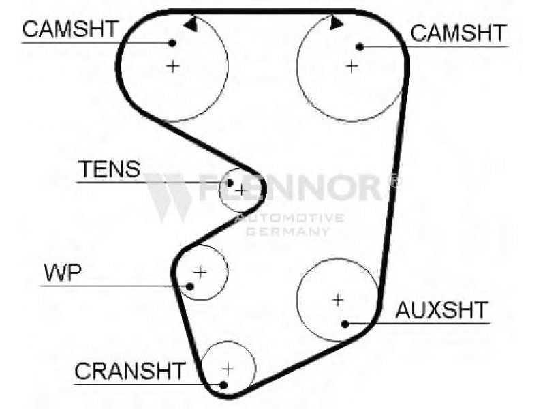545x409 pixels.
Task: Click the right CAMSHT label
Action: (x=458, y=33)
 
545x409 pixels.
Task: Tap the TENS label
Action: (x=109, y=169)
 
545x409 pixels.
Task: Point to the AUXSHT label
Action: (x=442, y=310)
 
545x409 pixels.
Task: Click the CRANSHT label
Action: (x=129, y=372)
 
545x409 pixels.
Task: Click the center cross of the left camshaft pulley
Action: (x=173, y=66)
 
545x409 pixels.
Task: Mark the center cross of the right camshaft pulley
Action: (x=352, y=66)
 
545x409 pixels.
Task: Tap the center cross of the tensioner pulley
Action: (x=240, y=190)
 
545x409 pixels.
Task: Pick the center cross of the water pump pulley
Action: (x=200, y=271)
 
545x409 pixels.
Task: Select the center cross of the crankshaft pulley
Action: (x=228, y=368)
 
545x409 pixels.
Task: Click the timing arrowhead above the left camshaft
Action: (x=190, y=23)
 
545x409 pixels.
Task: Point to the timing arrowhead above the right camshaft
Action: (x=334, y=23)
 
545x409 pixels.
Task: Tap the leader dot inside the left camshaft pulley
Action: (x=173, y=43)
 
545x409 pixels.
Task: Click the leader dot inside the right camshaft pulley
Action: (x=360, y=46)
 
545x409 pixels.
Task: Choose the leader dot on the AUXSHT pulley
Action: (x=346, y=323)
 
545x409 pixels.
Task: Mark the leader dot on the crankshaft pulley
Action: (x=223, y=384)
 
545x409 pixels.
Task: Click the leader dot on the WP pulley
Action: (x=190, y=286)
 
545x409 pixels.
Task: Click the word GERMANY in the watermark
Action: (x=287, y=232)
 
